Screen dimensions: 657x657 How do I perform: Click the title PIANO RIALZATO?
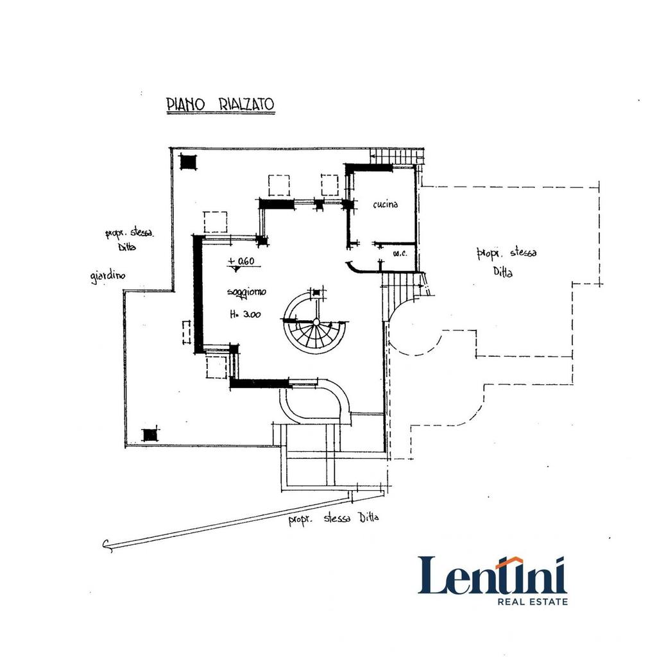point(221,105)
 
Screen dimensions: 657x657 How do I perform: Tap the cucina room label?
point(385,205)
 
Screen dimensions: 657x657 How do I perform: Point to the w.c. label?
point(400,253)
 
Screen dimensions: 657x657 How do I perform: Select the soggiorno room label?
point(246,292)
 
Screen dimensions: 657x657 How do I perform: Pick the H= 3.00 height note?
point(245,314)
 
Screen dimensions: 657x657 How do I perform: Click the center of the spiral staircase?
point(316,322)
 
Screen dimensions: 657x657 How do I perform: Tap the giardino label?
point(108,277)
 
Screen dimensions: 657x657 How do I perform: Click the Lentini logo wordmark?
point(492,575)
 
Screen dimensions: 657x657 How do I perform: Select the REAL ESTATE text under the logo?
point(533,602)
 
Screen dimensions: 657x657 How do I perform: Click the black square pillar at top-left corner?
point(188,161)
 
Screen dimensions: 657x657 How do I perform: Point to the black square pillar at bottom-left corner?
point(149,435)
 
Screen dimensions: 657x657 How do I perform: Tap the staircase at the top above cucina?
point(395,157)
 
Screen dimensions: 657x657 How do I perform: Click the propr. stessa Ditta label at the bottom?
point(334,518)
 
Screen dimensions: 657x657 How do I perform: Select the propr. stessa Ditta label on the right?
point(506,262)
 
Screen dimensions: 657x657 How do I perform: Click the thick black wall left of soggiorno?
point(198,294)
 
